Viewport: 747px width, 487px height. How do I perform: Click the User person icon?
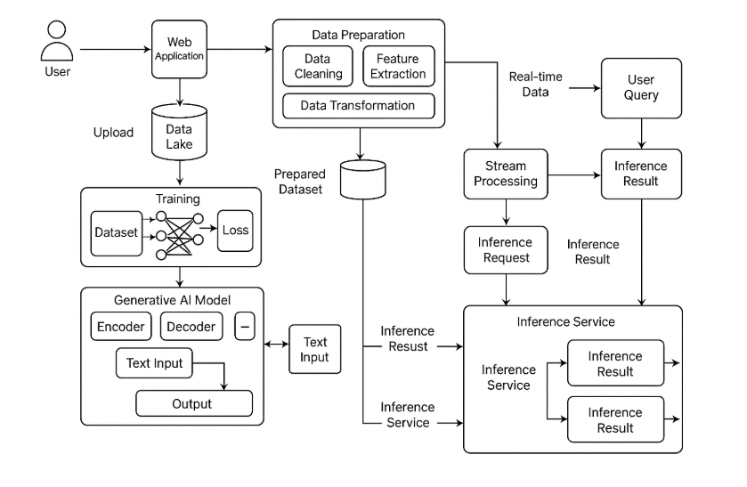tap(57, 41)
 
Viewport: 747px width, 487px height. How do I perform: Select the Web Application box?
tap(180, 48)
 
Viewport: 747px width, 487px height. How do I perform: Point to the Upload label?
tap(113, 133)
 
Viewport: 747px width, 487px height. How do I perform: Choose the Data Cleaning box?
tap(318, 67)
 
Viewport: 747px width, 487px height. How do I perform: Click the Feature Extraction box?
tap(399, 67)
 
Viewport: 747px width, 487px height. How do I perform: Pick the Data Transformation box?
tap(358, 106)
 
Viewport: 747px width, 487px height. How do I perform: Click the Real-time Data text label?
tap(535, 85)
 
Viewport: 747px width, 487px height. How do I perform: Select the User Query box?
tap(642, 88)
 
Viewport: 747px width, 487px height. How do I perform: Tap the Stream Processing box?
tap(506, 174)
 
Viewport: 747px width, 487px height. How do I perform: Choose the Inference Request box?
tap(506, 250)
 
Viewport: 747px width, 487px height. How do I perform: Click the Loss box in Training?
tap(236, 231)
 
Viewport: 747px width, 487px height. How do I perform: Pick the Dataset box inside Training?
tap(115, 232)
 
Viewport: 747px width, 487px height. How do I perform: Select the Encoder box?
tap(121, 327)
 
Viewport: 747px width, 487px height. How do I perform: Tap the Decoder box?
tap(191, 327)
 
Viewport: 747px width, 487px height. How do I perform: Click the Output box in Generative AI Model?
tap(191, 404)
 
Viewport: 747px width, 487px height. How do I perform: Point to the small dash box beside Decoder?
tap(245, 327)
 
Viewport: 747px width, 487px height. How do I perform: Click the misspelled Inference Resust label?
tap(407, 338)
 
